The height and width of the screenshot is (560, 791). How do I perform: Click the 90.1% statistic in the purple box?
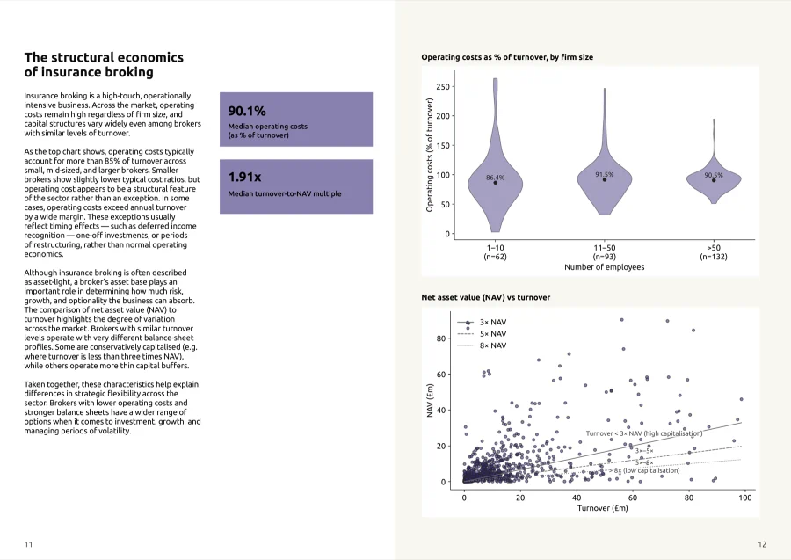247,111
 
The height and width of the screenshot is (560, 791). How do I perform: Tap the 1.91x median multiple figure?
244,177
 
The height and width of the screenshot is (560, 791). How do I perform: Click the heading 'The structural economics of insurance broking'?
104,64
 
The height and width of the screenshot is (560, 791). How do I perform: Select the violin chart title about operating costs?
507,57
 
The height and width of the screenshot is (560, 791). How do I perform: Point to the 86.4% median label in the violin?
495,178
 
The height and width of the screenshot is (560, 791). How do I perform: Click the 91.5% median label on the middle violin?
605,175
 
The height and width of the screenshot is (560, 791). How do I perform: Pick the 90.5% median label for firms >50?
714,175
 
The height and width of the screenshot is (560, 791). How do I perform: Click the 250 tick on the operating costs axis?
442,87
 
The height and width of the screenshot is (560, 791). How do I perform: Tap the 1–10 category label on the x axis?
495,248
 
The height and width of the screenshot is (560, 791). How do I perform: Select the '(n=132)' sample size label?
714,257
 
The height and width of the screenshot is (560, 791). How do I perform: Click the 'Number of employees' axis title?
605,267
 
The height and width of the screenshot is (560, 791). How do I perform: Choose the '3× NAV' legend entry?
493,322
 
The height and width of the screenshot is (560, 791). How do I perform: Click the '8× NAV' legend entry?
493,345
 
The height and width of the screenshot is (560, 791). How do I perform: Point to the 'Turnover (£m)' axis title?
602,508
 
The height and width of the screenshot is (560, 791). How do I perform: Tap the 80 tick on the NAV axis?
441,338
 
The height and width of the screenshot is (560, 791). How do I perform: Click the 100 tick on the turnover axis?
744,498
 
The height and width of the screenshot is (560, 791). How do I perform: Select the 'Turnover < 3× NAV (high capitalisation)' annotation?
643,433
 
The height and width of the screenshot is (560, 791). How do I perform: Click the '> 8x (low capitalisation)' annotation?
644,470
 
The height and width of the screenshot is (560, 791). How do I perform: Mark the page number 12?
762,544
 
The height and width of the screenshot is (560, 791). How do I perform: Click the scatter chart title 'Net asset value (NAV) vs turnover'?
486,298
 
